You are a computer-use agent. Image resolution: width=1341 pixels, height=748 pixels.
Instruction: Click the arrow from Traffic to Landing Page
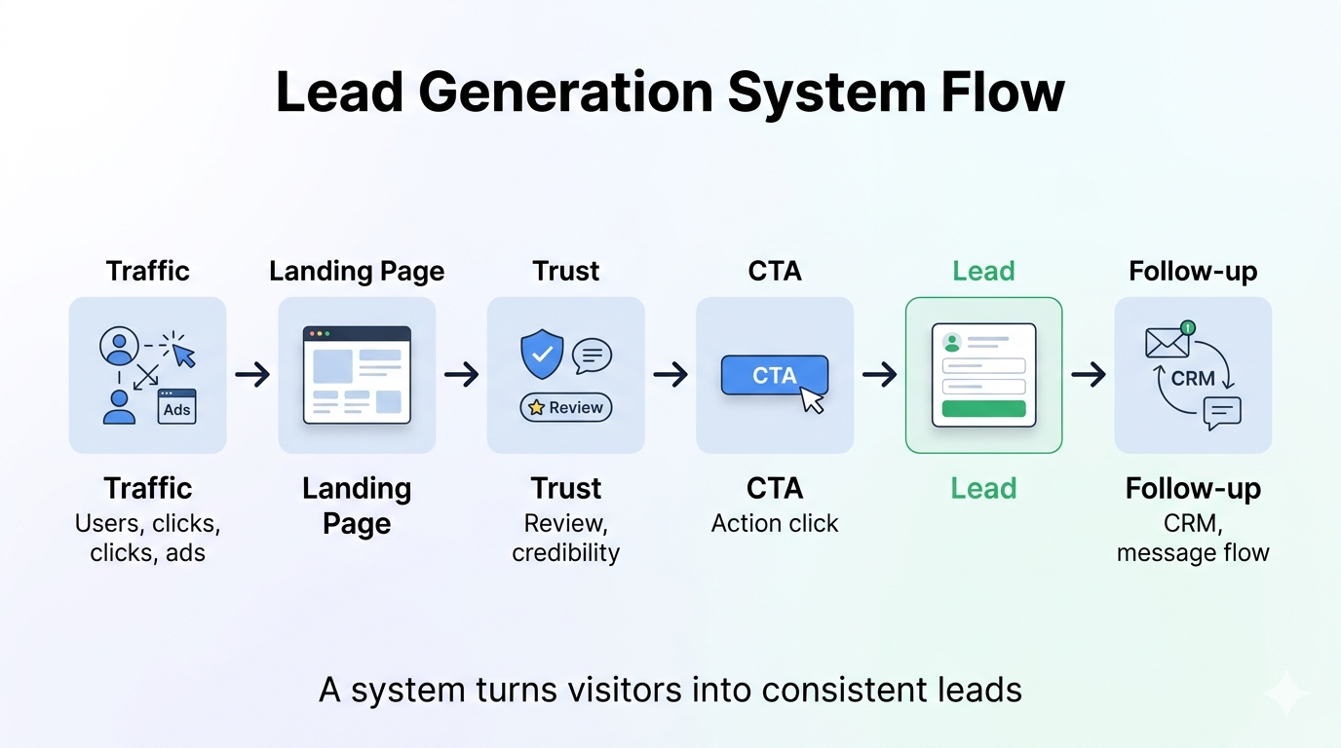click(x=252, y=374)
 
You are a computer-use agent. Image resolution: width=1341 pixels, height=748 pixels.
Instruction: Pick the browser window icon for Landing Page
click(x=357, y=375)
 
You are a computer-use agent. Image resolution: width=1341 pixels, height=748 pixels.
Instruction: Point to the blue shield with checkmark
click(x=542, y=354)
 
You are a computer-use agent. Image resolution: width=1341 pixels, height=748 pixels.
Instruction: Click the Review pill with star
click(x=566, y=407)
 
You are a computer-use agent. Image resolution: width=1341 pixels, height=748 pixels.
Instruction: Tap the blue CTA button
click(x=774, y=375)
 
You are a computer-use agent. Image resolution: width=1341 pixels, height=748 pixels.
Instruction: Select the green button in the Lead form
click(x=983, y=408)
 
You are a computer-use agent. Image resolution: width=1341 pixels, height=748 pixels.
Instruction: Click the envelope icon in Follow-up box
click(x=1167, y=342)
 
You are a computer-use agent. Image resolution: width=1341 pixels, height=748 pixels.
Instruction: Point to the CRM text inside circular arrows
click(x=1193, y=378)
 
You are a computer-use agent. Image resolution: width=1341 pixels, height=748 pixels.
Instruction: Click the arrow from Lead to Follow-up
click(x=1089, y=374)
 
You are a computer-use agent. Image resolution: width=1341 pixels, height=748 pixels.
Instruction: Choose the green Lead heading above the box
click(x=983, y=271)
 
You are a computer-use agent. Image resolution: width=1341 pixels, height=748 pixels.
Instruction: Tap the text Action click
click(x=775, y=523)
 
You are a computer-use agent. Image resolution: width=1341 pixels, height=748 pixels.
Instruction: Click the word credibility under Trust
click(x=566, y=553)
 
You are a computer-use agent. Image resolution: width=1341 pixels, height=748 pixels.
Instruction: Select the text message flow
click(x=1193, y=553)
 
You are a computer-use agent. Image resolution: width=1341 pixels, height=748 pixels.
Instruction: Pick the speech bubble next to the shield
click(x=592, y=355)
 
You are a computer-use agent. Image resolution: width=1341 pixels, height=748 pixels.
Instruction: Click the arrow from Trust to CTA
click(x=670, y=374)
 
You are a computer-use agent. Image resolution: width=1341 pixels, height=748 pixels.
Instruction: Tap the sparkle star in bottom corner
click(x=1285, y=693)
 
